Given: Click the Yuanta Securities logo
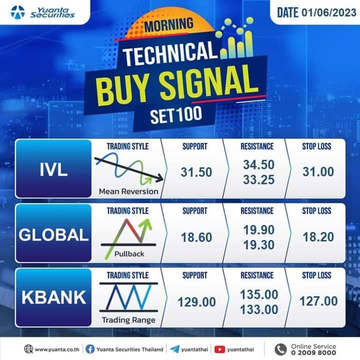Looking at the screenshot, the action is [42, 12].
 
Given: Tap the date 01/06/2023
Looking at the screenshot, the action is [329, 12].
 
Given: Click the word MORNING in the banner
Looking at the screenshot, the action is [169, 25].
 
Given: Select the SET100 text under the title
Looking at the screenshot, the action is [176, 114].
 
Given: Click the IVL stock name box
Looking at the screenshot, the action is [53, 168].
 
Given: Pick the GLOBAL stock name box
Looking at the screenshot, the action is [53, 233].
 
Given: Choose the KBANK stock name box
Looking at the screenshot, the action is [53, 297].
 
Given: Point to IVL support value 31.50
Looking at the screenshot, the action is [196, 172].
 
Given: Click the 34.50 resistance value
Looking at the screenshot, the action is [259, 164].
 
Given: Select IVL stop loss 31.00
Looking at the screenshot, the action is [318, 171].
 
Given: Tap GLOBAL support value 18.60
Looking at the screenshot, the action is [196, 237].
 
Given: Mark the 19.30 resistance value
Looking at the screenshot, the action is [259, 244].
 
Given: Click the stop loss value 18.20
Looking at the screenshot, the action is [318, 237].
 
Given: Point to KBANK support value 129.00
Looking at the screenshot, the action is [197, 302].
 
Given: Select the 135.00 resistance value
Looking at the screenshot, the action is [259, 294].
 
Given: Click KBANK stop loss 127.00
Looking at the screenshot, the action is [318, 301].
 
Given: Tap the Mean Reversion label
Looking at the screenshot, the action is [128, 191].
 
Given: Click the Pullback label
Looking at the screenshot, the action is [129, 253].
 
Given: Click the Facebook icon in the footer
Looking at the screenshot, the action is [90, 349].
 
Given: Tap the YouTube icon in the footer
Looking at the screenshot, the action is [219, 349].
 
